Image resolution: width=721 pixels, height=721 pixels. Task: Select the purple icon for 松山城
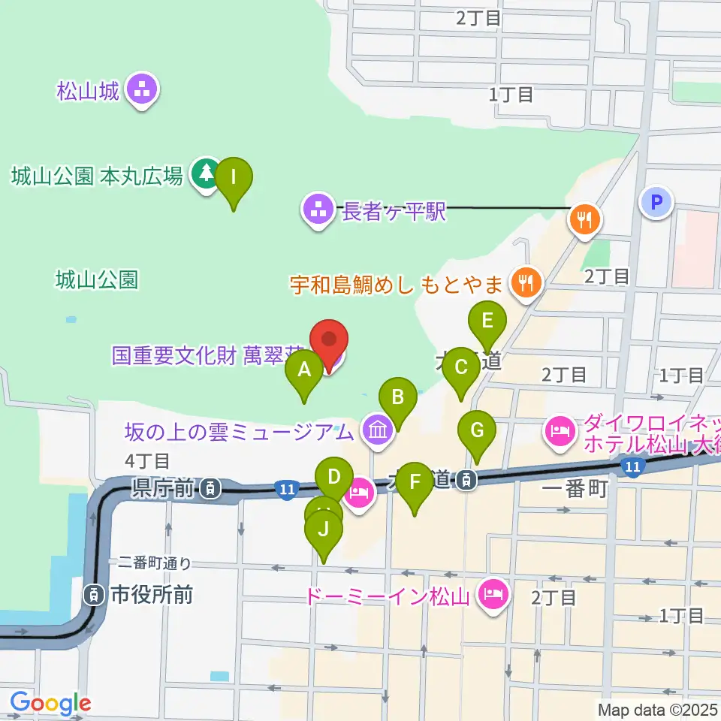142,92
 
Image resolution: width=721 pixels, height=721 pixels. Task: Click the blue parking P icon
656,201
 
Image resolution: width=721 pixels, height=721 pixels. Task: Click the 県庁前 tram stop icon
211,490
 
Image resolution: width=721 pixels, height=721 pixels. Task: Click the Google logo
50,704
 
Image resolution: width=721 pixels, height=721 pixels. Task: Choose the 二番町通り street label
155,562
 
